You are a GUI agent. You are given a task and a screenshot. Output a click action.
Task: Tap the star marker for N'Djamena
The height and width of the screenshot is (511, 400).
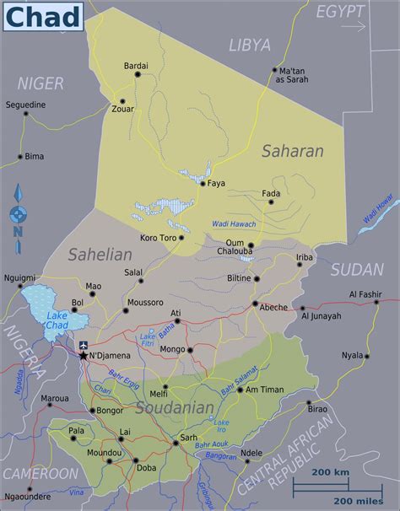click(x=83, y=355)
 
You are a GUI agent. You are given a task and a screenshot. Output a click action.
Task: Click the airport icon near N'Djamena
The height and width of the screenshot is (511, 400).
click(x=83, y=344)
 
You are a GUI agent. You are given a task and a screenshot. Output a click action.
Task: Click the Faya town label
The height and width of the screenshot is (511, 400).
click(x=217, y=183)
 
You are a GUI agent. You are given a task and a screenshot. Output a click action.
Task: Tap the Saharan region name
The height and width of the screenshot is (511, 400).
click(x=292, y=152)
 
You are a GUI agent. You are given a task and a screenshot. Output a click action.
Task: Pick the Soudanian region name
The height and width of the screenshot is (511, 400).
click(x=175, y=408)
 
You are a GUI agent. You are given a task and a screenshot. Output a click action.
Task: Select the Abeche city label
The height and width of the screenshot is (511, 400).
click(x=273, y=307)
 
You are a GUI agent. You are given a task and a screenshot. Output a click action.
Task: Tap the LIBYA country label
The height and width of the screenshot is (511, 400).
click(x=250, y=45)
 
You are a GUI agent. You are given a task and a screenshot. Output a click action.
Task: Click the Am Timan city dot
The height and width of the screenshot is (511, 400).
click(x=240, y=390)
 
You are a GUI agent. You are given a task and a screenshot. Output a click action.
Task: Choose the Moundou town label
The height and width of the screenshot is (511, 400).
click(x=103, y=453)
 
